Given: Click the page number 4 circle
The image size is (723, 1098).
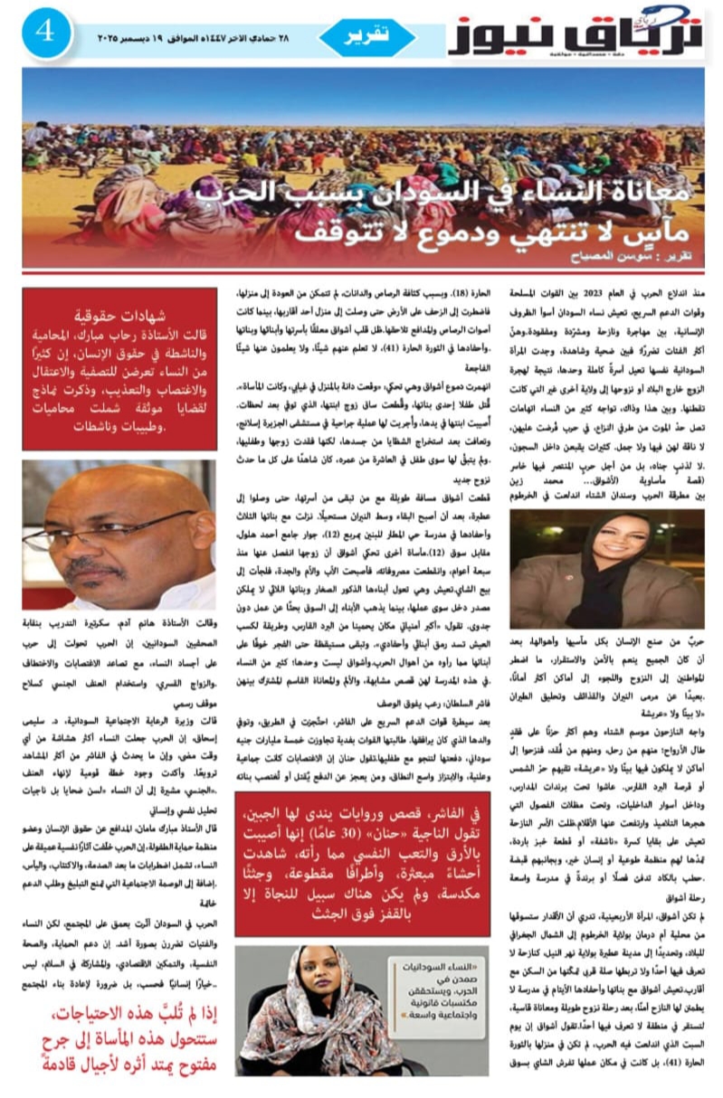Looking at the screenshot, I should (45, 33).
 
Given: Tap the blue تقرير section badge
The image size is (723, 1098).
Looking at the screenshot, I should (367, 37).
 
